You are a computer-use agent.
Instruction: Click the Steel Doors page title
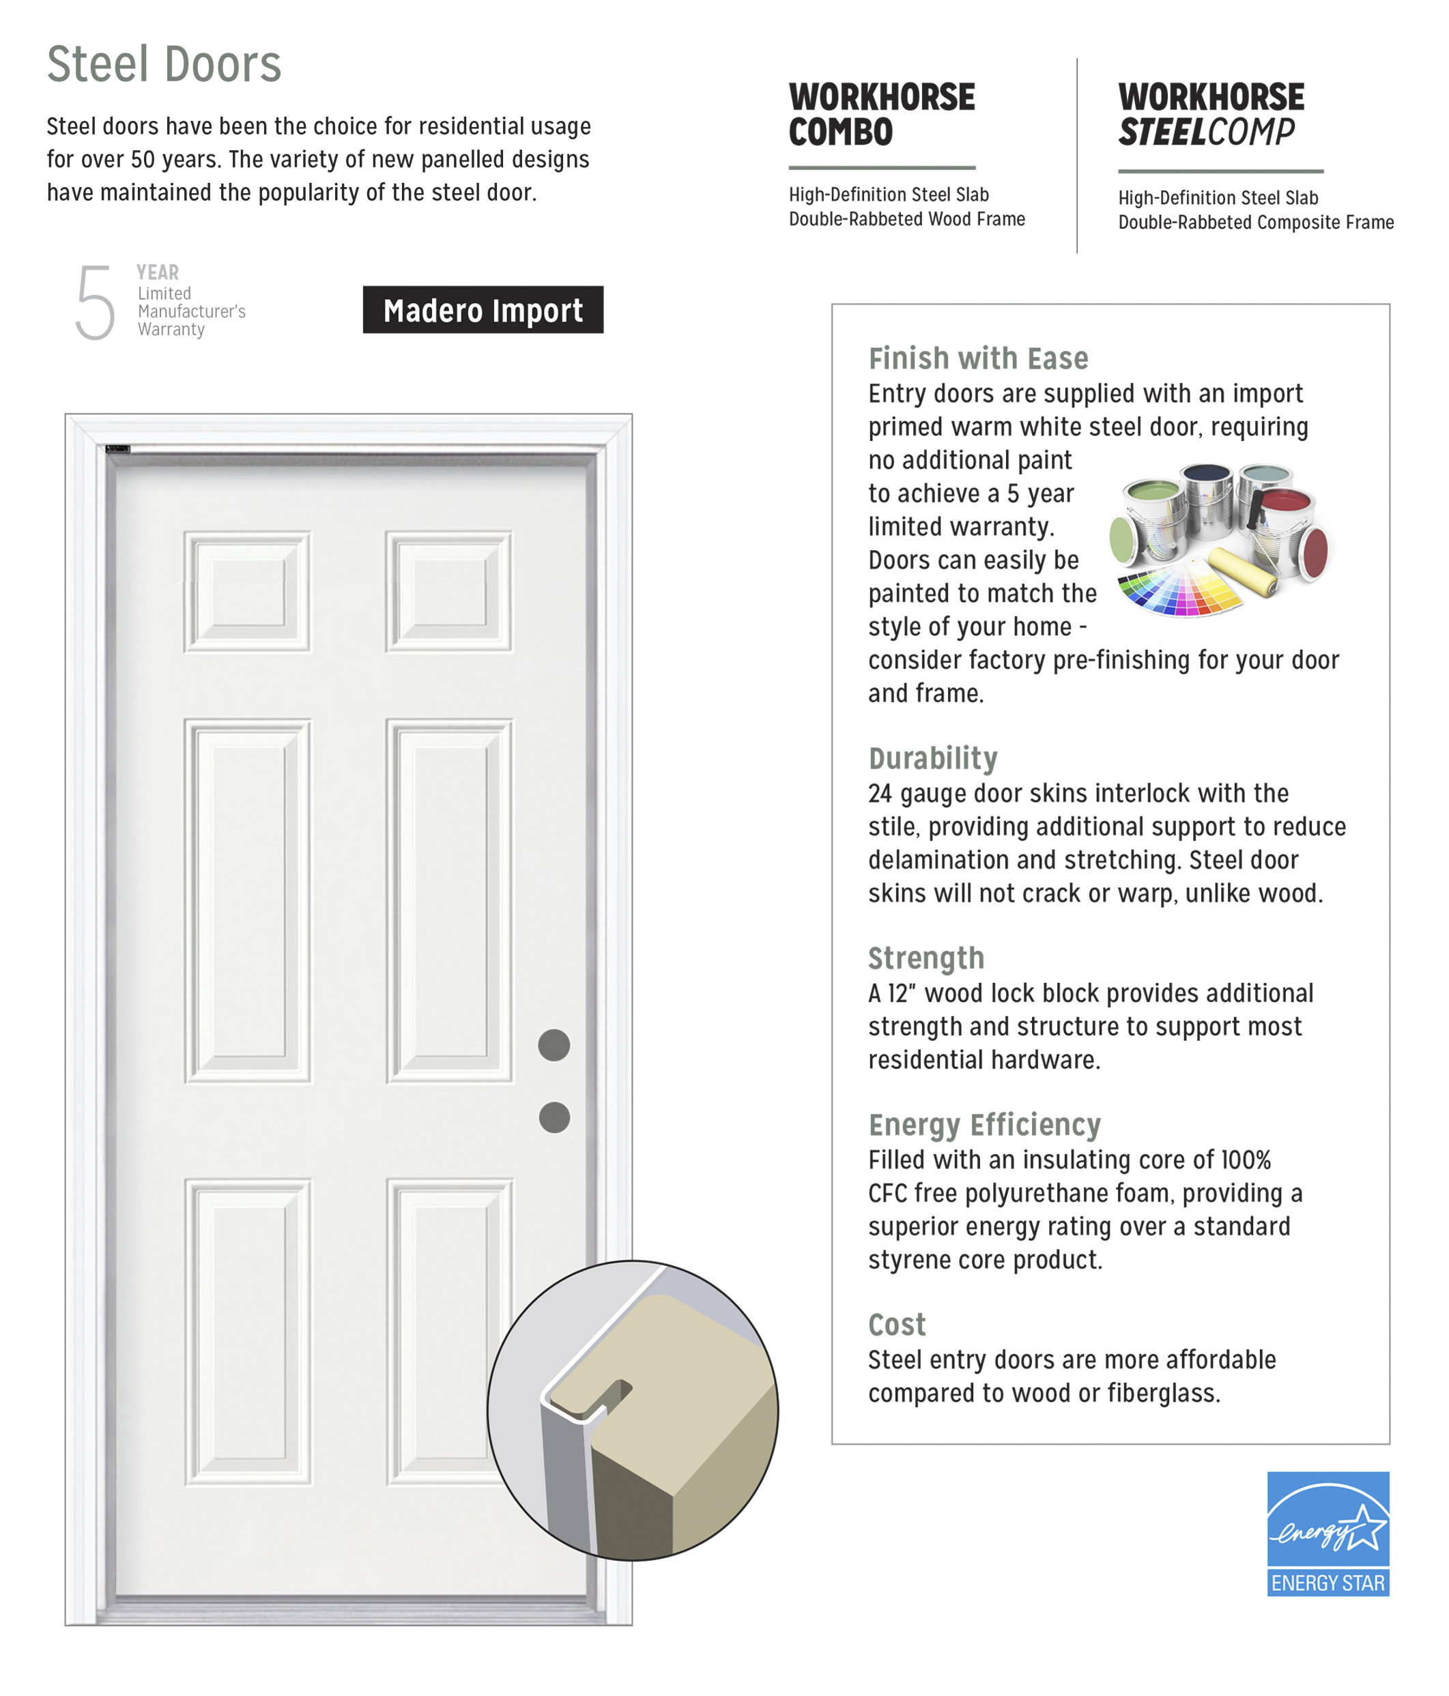coord(164,64)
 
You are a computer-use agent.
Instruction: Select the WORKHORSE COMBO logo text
coord(881,115)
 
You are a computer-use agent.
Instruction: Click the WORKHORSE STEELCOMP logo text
coord(1211,115)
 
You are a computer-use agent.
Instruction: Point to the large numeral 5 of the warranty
coord(95,302)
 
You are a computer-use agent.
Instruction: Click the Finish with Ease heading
coord(977,358)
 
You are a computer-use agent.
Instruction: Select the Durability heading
coord(932,758)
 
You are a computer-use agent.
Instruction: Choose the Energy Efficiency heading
coord(984,1125)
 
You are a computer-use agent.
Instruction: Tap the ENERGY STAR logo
coord(1327,1533)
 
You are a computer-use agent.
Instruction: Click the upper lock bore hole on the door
coord(554,1046)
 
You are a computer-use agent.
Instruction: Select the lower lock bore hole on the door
coord(554,1117)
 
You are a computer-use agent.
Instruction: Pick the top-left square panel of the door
coord(246,592)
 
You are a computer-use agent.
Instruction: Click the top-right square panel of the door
coord(448,592)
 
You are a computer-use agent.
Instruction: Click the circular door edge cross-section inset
coord(632,1410)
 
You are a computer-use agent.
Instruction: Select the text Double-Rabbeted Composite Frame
coord(1255,222)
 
